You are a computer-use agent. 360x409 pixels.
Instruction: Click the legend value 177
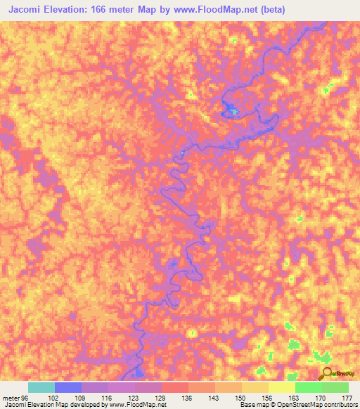(345, 397)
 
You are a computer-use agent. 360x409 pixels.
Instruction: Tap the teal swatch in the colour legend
(41, 387)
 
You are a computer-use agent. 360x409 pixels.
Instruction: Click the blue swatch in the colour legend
(68, 387)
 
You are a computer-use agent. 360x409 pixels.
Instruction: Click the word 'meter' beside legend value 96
(12, 397)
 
